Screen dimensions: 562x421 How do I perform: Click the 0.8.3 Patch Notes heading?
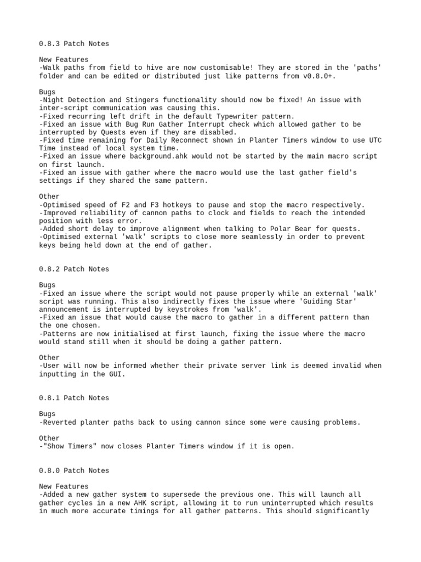[x=74, y=43]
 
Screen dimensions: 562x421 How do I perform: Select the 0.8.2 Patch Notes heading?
[x=74, y=269]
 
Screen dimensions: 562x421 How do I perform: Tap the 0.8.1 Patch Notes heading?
[x=74, y=398]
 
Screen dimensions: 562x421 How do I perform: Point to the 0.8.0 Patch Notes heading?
[x=74, y=470]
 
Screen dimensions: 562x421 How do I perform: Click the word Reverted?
[x=60, y=422]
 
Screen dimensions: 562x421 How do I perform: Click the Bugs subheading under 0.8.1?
[x=48, y=414]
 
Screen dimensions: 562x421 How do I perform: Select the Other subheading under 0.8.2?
[x=50, y=358]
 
